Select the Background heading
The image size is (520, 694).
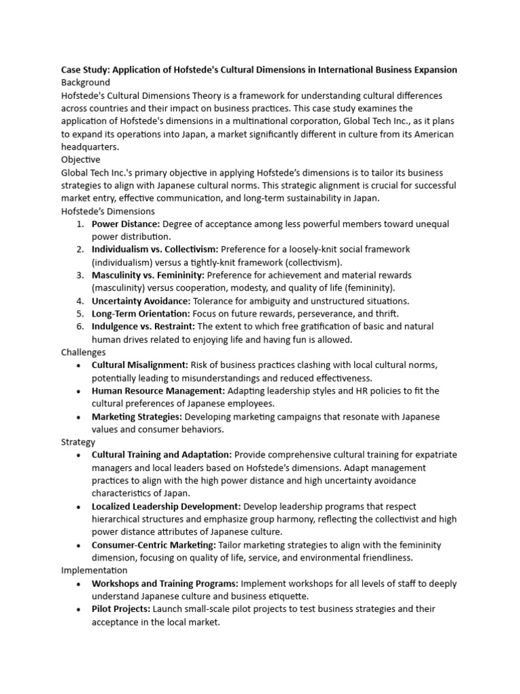85,83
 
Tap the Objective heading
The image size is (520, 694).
81,159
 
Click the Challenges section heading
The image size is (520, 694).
83,352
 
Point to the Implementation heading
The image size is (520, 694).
94,570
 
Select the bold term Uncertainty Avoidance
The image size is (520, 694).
142,300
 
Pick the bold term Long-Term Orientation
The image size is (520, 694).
141,313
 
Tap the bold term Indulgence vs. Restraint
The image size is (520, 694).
144,326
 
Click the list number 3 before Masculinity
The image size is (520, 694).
80,275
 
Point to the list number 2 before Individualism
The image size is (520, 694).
80,249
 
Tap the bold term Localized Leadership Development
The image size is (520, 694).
166,506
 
